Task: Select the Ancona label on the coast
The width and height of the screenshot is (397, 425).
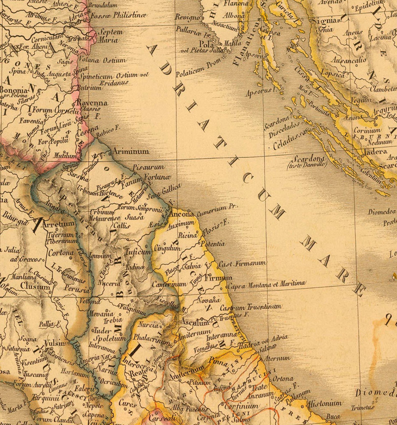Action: point(181,214)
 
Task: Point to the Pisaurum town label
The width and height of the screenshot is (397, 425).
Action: point(148,167)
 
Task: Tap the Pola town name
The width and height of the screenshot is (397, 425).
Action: point(206,44)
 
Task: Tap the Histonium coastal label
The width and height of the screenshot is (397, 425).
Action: point(324,404)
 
